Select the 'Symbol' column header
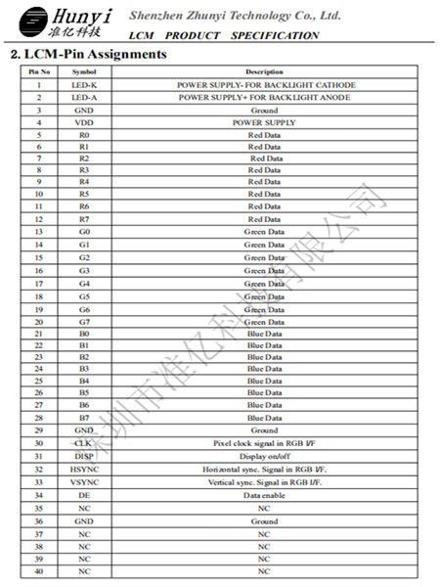[84, 72]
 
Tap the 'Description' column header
[264, 72]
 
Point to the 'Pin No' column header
[39, 72]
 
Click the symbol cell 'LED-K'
[84, 85]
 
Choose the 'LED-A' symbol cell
[84, 98]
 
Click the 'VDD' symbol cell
[84, 123]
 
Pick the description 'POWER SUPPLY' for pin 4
[264, 123]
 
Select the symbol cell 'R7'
[84, 219]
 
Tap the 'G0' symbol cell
[84, 232]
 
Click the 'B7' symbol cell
[84, 418]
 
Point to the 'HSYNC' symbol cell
[84, 470]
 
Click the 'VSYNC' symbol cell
[84, 482]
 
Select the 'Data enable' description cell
[264, 496]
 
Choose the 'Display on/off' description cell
[264, 456]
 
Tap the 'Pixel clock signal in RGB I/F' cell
[264, 443]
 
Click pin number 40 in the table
[39, 570]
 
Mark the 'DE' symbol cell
[84, 496]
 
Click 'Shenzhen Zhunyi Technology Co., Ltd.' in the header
[235, 16]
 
